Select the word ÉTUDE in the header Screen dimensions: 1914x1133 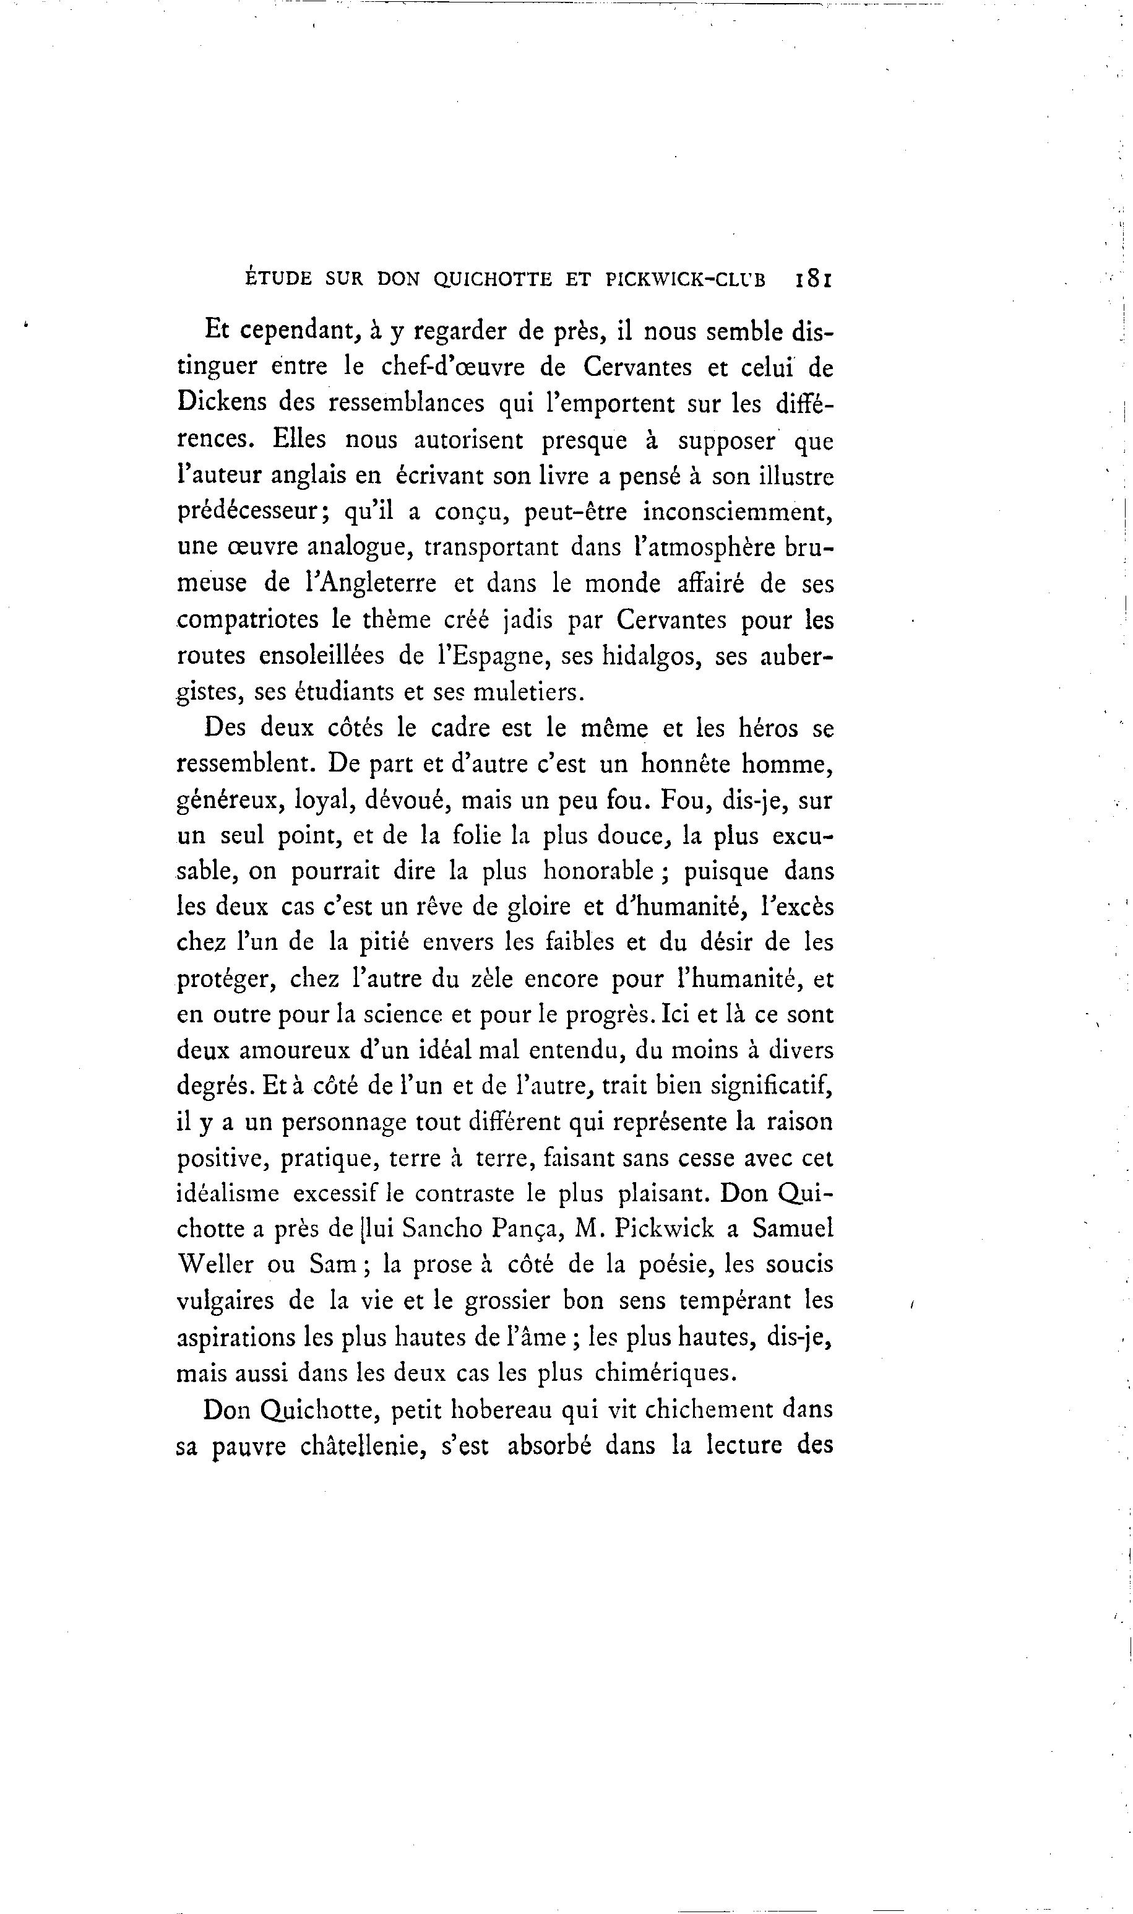pos(278,279)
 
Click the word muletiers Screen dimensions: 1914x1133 pos(528,692)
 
